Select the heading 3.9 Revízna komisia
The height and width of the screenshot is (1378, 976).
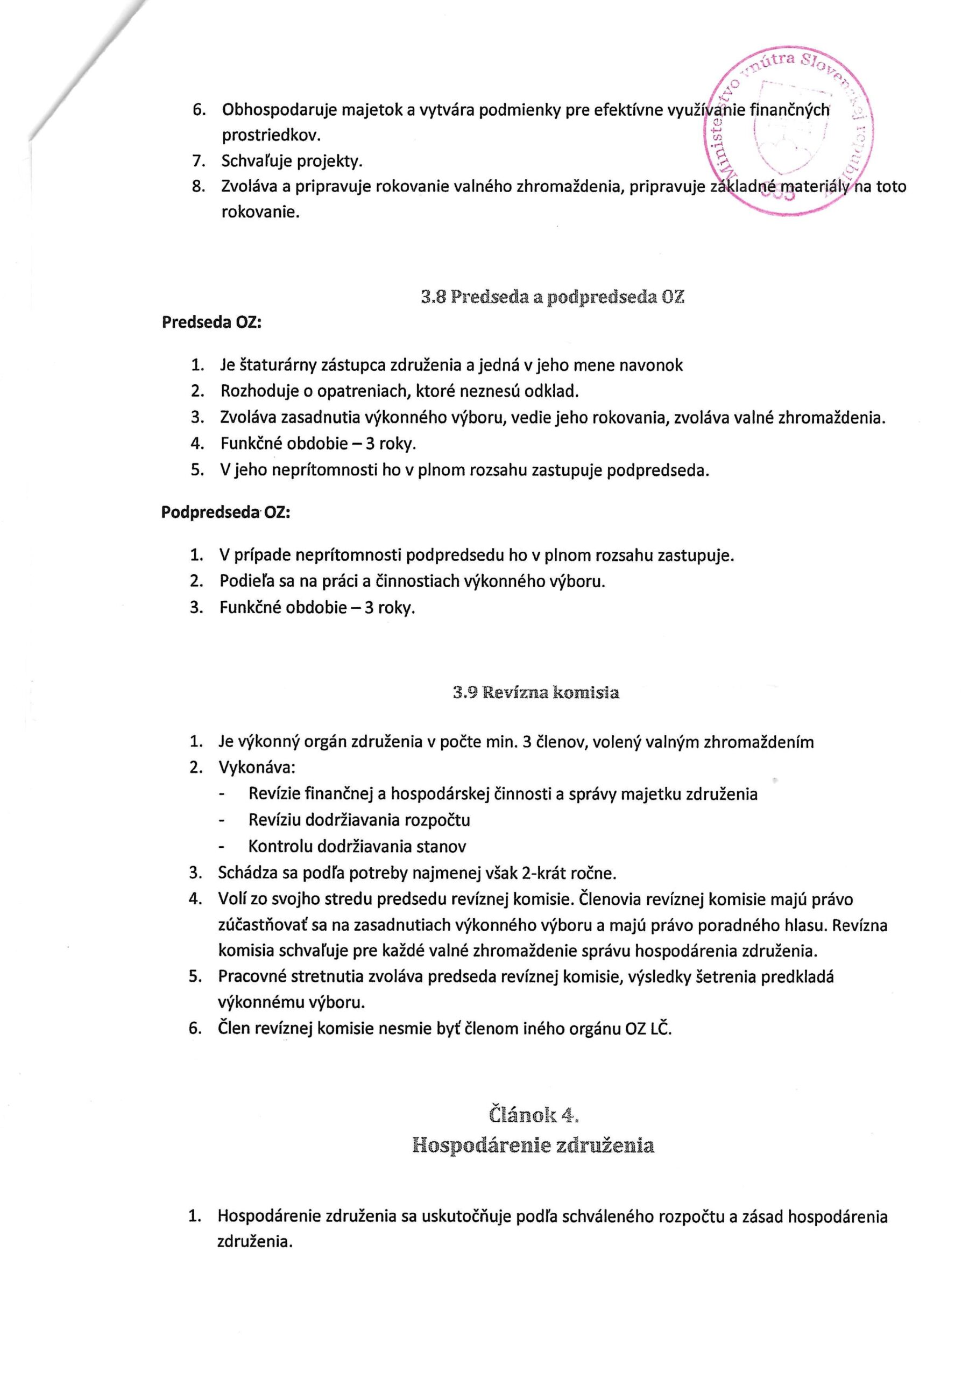(x=535, y=693)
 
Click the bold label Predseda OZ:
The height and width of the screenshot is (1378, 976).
(x=211, y=322)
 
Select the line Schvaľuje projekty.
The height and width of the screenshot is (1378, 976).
(x=292, y=161)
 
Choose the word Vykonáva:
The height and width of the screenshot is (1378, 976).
(x=257, y=768)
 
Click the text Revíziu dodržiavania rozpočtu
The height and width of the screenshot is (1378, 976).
(x=359, y=820)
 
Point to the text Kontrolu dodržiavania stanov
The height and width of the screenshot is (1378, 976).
(x=357, y=847)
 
